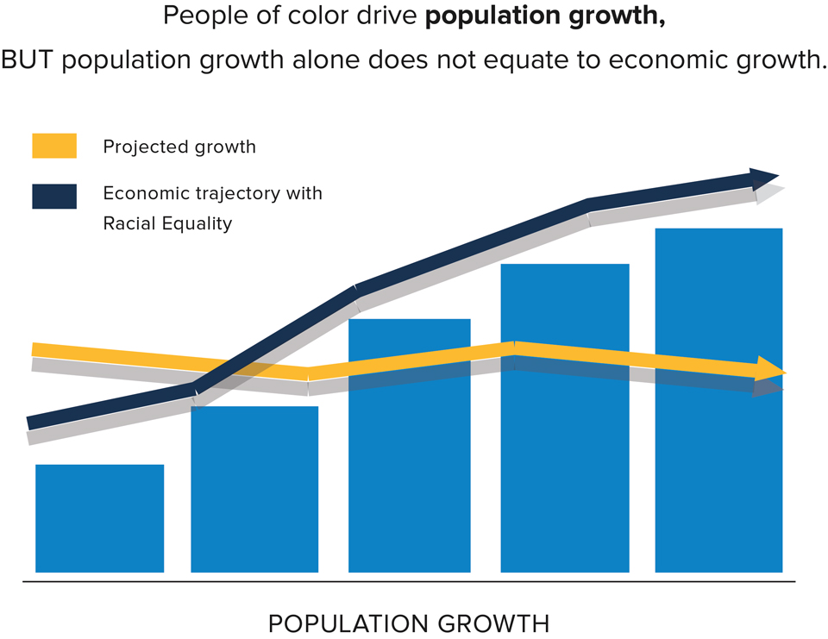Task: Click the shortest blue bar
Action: (100, 518)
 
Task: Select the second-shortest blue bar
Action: (254, 489)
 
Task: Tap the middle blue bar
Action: (409, 445)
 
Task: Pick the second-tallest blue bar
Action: (565, 417)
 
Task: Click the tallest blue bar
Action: (718, 400)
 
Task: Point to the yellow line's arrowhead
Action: (770, 368)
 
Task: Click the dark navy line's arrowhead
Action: (763, 179)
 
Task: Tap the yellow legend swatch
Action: (54, 146)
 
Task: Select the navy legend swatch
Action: (54, 197)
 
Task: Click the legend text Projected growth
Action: (179, 147)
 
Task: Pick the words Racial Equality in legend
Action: (167, 223)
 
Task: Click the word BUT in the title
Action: (28, 60)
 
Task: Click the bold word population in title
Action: (493, 16)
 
